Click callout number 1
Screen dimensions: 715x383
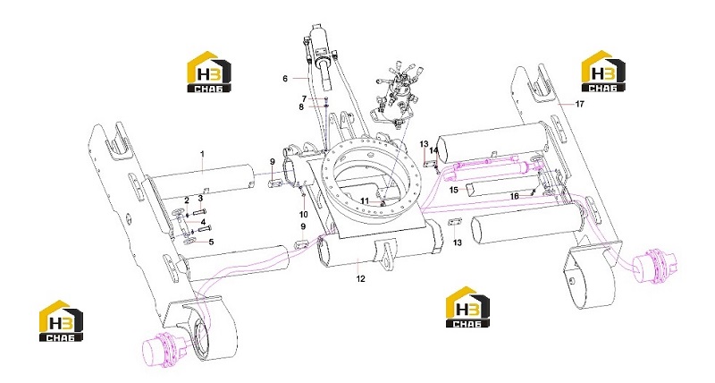click(x=203, y=154)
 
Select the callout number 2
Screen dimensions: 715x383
click(x=187, y=200)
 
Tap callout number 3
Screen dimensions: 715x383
click(x=200, y=198)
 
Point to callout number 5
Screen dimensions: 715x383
click(x=211, y=242)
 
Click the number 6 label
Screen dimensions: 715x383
click(x=285, y=79)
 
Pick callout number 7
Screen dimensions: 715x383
click(x=304, y=98)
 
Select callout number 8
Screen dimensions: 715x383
click(x=301, y=107)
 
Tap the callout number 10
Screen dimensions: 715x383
click(x=304, y=214)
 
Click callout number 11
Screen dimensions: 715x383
click(x=365, y=200)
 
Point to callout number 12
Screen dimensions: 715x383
click(x=361, y=278)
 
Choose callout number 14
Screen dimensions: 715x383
click(x=434, y=150)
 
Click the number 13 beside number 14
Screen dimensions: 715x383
click(x=425, y=144)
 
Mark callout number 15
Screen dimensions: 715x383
click(x=454, y=190)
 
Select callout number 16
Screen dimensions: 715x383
click(x=515, y=196)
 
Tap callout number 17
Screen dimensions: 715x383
click(x=579, y=104)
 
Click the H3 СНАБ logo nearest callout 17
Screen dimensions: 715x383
click(x=603, y=72)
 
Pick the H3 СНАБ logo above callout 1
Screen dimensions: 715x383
click(x=209, y=72)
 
